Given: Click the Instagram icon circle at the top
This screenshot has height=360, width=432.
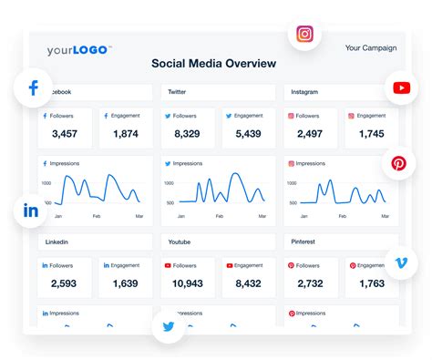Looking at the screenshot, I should (x=305, y=35).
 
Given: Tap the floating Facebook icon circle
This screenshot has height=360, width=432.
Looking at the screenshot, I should (x=34, y=88).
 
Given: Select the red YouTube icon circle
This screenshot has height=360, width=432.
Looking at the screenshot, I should (x=401, y=88).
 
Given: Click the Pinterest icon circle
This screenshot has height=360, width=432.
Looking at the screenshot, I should (x=398, y=164).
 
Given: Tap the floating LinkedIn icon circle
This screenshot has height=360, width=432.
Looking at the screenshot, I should (x=31, y=211).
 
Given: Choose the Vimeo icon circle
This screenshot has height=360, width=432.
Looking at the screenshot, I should (x=401, y=262).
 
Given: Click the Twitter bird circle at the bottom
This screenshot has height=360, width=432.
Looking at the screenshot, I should (x=169, y=326).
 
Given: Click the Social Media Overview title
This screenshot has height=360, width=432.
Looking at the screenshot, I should (x=214, y=64).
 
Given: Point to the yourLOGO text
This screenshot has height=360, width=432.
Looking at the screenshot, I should (x=78, y=50).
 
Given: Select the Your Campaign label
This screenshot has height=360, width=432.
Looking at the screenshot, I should (x=371, y=47).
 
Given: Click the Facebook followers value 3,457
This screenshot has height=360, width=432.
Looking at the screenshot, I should (x=64, y=135).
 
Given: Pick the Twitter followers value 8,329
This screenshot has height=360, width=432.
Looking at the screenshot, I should (x=188, y=135).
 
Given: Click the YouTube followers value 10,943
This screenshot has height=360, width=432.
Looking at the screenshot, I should (x=188, y=283).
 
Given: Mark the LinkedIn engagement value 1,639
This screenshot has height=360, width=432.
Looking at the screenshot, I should (x=124, y=283).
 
